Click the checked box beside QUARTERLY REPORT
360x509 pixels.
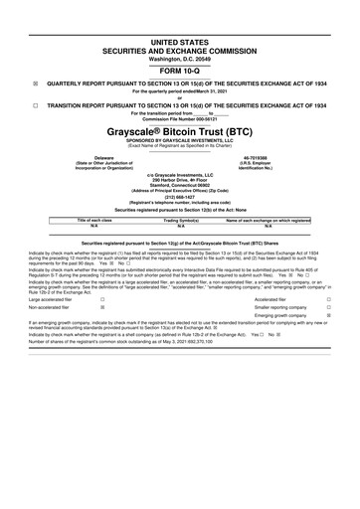click(36, 84)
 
